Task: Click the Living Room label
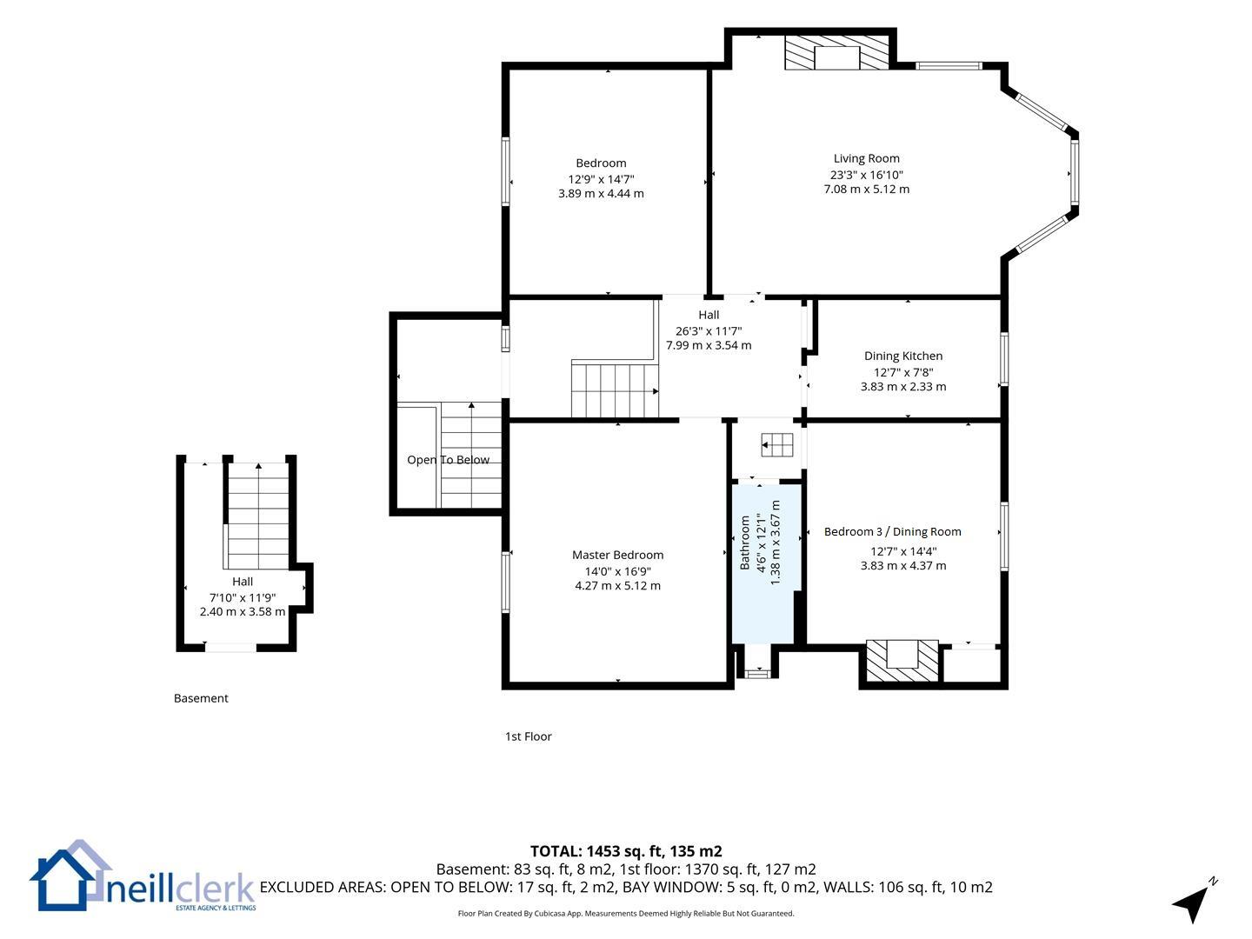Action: click(x=866, y=158)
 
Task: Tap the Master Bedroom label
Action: click(x=617, y=555)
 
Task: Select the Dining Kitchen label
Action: click(x=903, y=356)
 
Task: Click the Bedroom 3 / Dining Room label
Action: click(x=893, y=532)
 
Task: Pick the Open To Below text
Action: click(x=448, y=460)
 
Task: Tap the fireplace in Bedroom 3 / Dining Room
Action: click(x=902, y=660)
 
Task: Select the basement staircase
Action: click(x=258, y=516)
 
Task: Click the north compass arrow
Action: click(x=1193, y=902)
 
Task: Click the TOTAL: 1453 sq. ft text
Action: click(x=598, y=851)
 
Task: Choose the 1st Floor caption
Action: click(x=528, y=736)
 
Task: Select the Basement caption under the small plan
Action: click(x=201, y=698)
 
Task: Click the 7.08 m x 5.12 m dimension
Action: click(x=867, y=190)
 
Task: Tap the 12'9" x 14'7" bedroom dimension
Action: click(x=601, y=179)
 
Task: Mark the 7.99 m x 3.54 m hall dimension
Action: click(x=709, y=345)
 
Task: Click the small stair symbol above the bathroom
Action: click(x=777, y=444)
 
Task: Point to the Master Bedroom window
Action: click(x=505, y=583)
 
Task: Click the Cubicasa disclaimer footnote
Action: click(x=626, y=913)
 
